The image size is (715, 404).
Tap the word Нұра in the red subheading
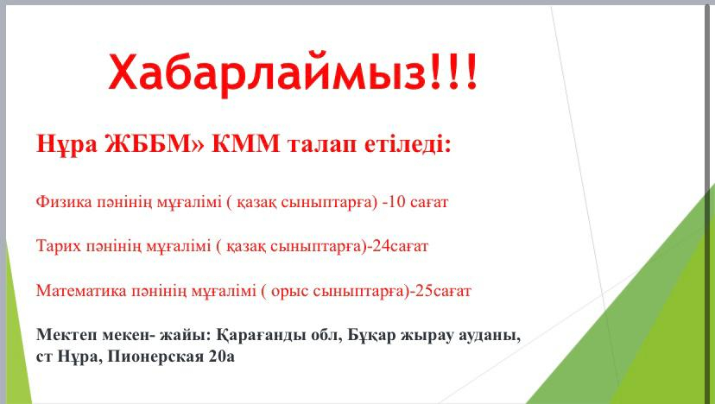(66, 144)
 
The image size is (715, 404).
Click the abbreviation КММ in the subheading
(246, 144)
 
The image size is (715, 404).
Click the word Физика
(64, 201)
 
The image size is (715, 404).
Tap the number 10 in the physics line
(396, 201)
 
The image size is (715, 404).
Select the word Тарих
(59, 247)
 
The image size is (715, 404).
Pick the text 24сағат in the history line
(401, 246)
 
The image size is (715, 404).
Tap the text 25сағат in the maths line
(443, 291)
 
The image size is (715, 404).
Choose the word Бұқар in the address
(371, 336)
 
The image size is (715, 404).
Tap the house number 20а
(222, 357)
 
